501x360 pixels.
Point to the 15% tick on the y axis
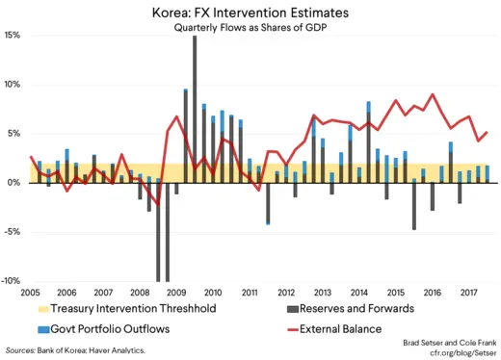[x=13, y=35]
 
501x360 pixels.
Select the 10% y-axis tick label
[x=13, y=85]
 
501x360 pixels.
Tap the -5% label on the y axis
[x=13, y=231]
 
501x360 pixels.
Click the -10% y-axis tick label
[x=12, y=280]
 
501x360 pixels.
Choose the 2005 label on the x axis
[x=28, y=292]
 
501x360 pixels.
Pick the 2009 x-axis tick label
[x=175, y=292]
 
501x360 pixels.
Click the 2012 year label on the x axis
[x=286, y=292]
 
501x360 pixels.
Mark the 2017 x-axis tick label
[x=469, y=292]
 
